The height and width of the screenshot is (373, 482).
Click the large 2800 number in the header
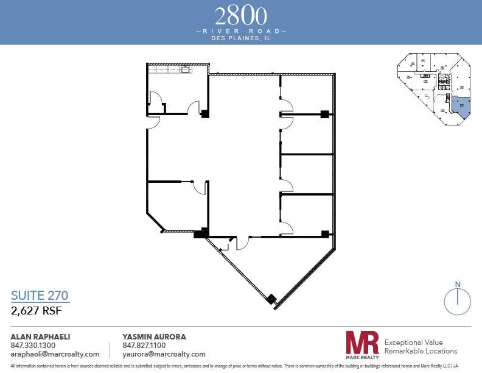click(x=241, y=14)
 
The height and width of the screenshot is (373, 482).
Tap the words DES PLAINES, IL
click(x=241, y=37)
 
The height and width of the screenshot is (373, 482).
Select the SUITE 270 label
click(x=40, y=296)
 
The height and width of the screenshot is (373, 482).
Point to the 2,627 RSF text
click(x=37, y=310)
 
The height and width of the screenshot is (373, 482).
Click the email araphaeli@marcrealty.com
click(x=55, y=354)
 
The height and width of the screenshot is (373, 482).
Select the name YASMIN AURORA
click(x=154, y=336)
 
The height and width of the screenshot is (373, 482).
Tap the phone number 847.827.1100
click(x=144, y=346)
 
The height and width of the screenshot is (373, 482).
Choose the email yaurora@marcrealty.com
click(x=164, y=354)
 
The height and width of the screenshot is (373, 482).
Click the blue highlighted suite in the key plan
click(x=461, y=106)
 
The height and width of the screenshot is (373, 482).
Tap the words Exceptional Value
click(x=414, y=343)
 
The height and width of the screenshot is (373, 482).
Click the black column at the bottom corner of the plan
click(x=271, y=299)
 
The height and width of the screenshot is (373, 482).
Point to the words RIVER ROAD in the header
click(x=241, y=30)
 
